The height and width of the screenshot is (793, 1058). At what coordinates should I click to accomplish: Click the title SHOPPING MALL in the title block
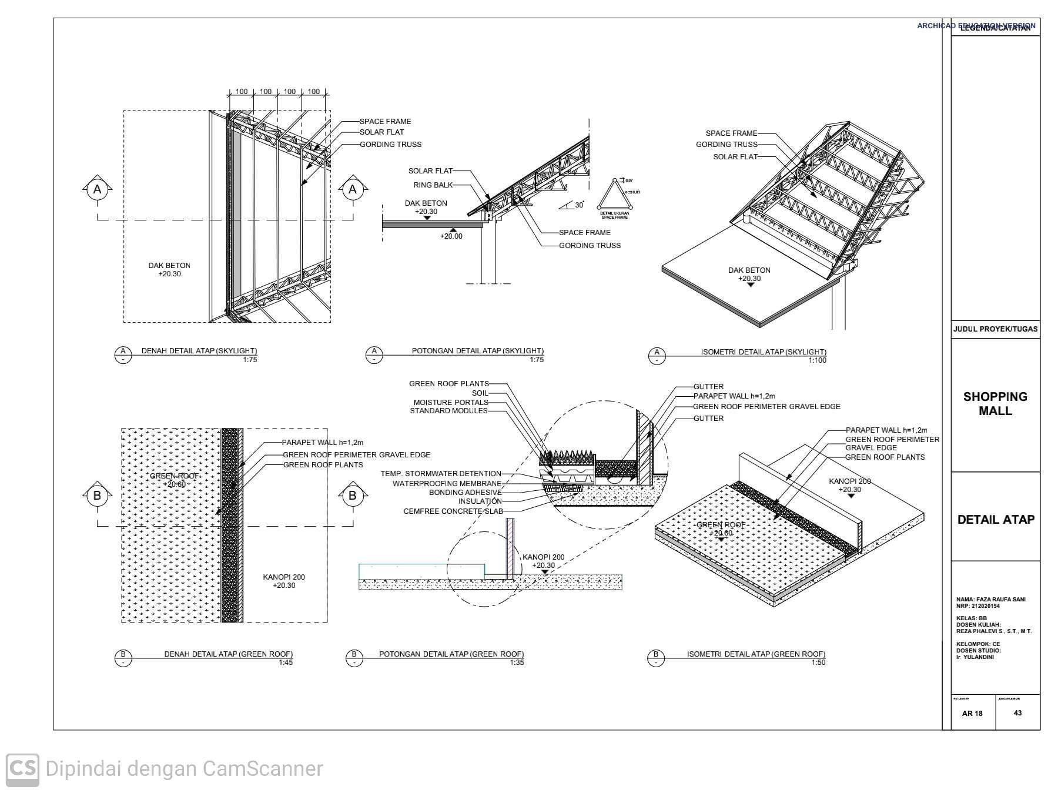pos(995,404)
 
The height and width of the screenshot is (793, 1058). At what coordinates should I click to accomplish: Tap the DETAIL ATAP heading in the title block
pos(996,520)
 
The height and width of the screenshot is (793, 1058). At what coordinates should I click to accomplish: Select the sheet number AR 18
pos(972,714)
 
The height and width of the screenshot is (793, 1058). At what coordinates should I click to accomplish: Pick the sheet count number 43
pos(1017,713)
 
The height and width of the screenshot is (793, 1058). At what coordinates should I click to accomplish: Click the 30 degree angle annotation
pos(579,205)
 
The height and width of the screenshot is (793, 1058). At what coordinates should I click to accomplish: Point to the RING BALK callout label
pos(433,185)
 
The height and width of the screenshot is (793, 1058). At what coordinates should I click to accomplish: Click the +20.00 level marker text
pos(451,236)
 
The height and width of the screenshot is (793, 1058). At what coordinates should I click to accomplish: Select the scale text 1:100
pos(817,360)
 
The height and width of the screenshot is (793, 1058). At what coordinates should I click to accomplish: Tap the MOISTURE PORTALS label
pos(450,403)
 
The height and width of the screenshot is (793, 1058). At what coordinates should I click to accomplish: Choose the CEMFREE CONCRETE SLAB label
pos(453,511)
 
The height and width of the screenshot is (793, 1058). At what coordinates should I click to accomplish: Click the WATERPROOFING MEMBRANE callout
pos(447,484)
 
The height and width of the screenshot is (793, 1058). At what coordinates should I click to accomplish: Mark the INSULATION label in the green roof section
pos(480,501)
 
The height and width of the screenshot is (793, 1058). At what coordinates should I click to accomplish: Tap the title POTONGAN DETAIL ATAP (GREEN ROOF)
pos(451,654)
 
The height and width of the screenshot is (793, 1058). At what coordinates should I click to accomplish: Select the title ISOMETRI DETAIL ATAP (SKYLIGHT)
pos(763,352)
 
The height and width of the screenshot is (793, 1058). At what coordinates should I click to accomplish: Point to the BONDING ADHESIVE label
pos(465,493)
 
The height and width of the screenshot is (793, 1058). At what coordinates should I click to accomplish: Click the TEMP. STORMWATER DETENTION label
pos(440,474)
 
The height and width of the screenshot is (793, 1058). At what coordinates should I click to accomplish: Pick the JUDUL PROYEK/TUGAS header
pos(995,329)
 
